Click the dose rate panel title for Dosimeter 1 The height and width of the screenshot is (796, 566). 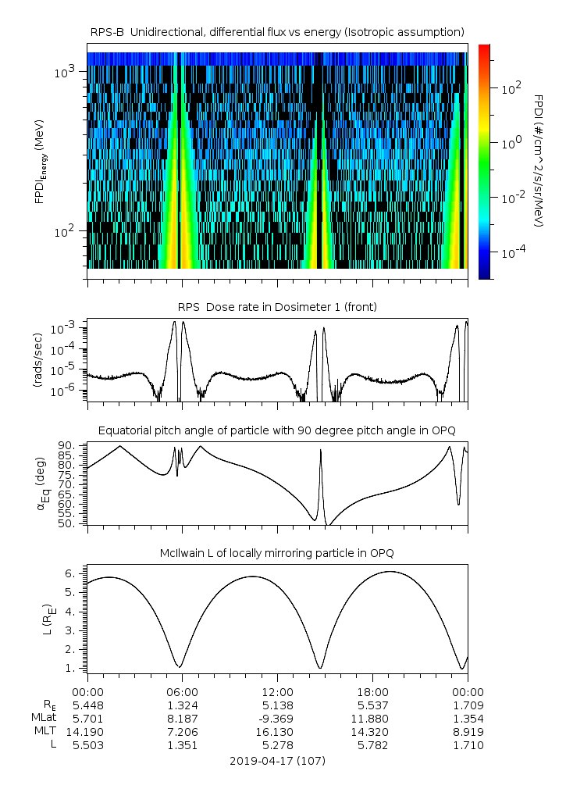[277, 307]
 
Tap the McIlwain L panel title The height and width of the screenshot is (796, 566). [277, 553]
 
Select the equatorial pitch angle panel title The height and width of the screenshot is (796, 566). [277, 430]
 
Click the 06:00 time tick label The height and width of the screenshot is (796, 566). [182, 691]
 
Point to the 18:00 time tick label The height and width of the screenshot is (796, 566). [372, 691]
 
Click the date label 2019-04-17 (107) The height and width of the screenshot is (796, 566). [277, 761]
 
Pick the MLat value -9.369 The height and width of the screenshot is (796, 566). [277, 719]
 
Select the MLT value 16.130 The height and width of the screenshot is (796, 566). [277, 732]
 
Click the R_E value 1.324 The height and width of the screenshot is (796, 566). [182, 705]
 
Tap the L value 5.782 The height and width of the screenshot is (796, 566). [372, 745]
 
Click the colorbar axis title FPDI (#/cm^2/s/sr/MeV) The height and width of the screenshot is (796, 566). [539, 161]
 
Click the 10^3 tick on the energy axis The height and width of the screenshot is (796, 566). [64, 73]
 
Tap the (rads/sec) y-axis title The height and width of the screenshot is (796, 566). [37, 360]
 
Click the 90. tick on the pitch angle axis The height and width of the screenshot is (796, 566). [69, 445]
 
